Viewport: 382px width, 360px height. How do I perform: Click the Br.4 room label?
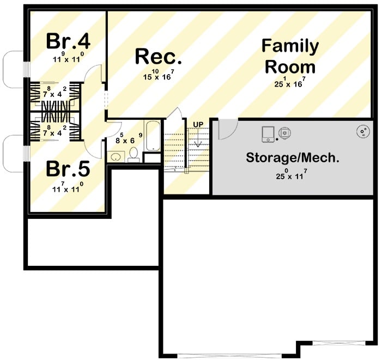point(68,40)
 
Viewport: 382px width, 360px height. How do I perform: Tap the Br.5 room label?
point(68,169)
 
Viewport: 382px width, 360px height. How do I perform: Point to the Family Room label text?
point(290,57)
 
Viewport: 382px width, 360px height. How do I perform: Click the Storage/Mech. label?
point(293,158)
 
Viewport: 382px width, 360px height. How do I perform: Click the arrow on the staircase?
point(198,141)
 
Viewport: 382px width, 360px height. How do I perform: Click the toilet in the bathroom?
point(134,155)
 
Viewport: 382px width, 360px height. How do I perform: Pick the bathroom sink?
point(116,157)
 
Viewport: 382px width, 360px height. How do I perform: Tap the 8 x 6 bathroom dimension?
point(124,138)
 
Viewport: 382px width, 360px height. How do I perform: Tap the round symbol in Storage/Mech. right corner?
point(363,131)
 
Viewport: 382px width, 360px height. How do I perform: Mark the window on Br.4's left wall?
point(25,70)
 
